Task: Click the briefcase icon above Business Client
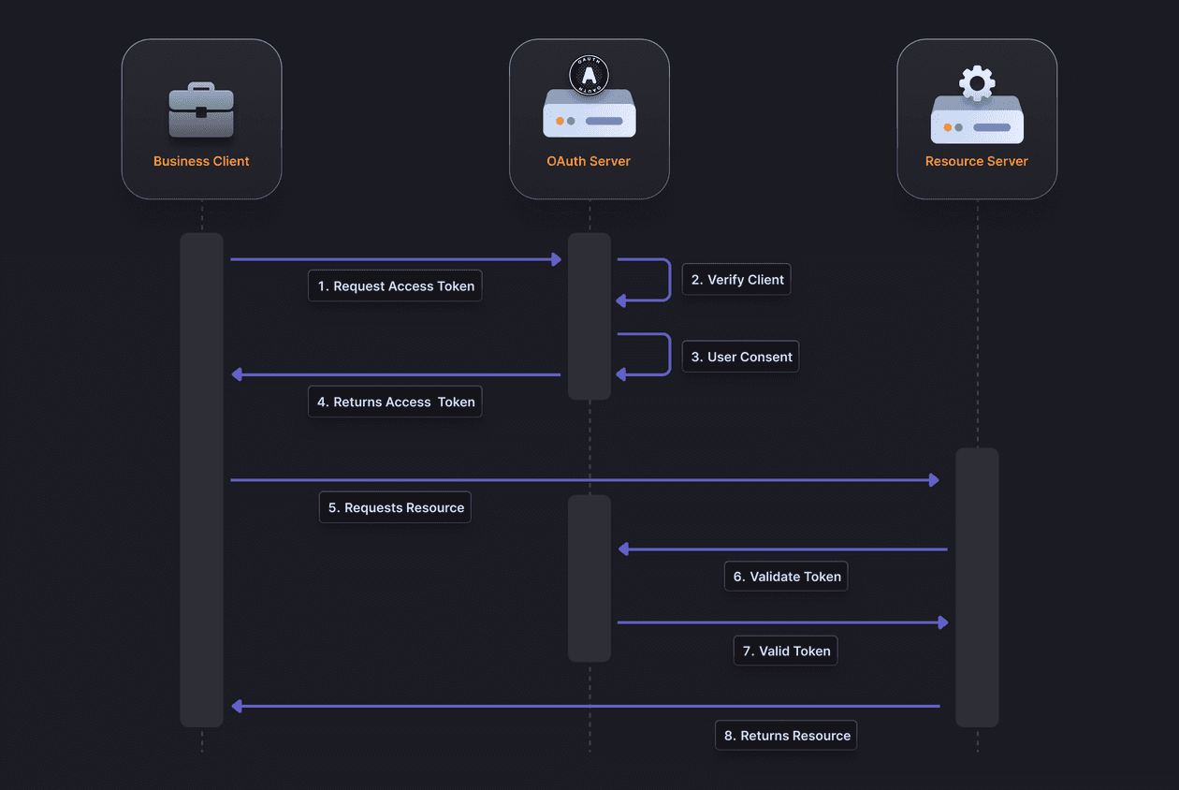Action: coord(201,110)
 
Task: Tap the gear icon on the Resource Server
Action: coord(977,83)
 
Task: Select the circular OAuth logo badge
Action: coord(589,75)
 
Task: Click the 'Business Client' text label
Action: coord(201,161)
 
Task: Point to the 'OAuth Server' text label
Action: coord(589,161)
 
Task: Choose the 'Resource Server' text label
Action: coord(976,161)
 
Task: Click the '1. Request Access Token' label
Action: coord(395,286)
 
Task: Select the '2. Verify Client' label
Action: coord(736,280)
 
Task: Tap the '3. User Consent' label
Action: coord(740,357)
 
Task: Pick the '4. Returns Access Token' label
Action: coord(395,402)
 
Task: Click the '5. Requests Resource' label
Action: coord(395,507)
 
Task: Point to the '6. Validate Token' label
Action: coord(786,577)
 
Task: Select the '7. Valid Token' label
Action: coord(784,651)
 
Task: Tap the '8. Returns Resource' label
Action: coord(785,736)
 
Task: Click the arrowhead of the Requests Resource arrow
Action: coord(934,480)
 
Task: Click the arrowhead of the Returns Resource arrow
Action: coord(238,706)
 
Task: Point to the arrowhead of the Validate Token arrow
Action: coord(624,549)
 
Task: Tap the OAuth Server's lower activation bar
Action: coord(589,578)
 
